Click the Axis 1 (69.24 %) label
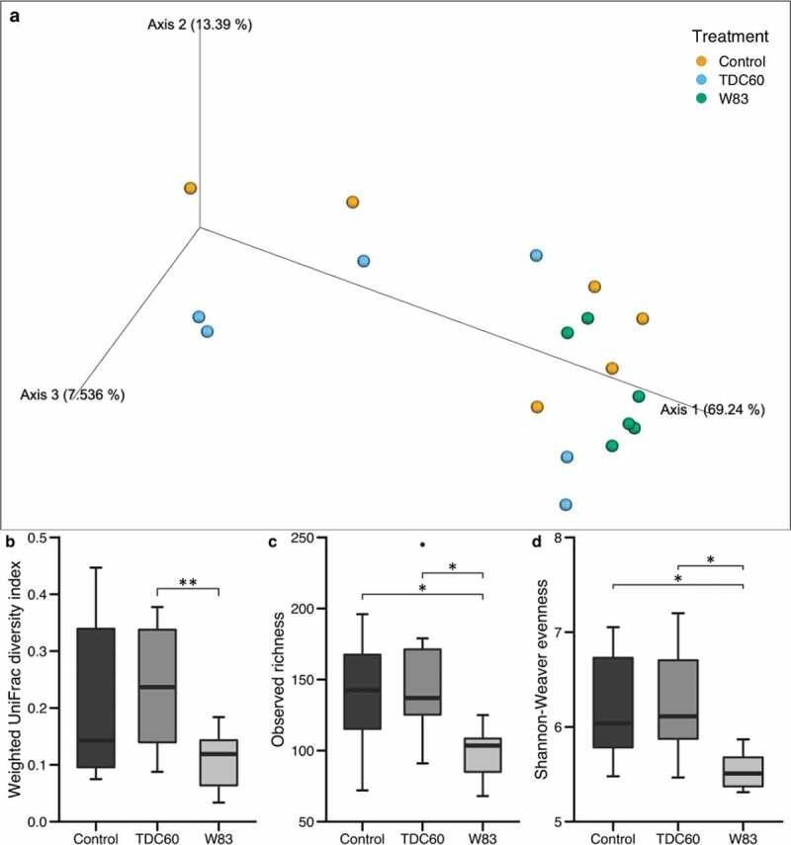pyautogui.click(x=712, y=409)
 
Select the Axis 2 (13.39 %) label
pyautogui.click(x=200, y=25)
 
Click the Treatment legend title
pyautogui.click(x=730, y=38)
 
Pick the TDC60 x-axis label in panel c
pyautogui.click(x=423, y=836)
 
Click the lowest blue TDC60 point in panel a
pyautogui.click(x=566, y=504)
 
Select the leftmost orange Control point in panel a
pyautogui.click(x=190, y=188)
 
